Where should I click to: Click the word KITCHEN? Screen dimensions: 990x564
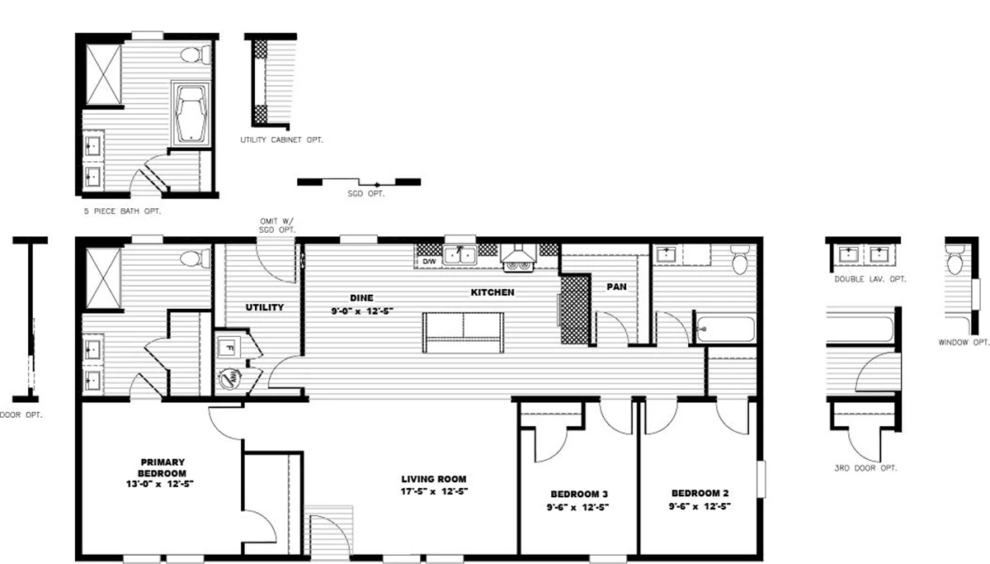click(x=493, y=292)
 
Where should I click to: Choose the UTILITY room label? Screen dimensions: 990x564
click(x=265, y=307)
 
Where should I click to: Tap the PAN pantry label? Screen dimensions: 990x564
click(x=616, y=287)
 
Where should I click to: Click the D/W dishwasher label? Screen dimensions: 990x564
click(x=429, y=262)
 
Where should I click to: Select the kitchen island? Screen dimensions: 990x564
click(x=463, y=333)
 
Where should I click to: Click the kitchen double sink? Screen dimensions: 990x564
click(x=460, y=255)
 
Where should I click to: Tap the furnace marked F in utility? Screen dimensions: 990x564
click(x=229, y=348)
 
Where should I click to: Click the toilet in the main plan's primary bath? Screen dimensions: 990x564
click(x=195, y=258)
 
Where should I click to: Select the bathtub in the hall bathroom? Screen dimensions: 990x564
click(x=725, y=329)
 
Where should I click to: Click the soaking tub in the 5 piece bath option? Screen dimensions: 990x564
click(x=191, y=114)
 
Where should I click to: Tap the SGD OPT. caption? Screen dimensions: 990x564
click(x=366, y=194)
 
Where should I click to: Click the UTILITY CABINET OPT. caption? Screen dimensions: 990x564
click(x=281, y=140)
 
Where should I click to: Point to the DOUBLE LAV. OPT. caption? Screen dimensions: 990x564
click(x=870, y=279)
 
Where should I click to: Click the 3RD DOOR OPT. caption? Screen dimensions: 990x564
click(x=865, y=468)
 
